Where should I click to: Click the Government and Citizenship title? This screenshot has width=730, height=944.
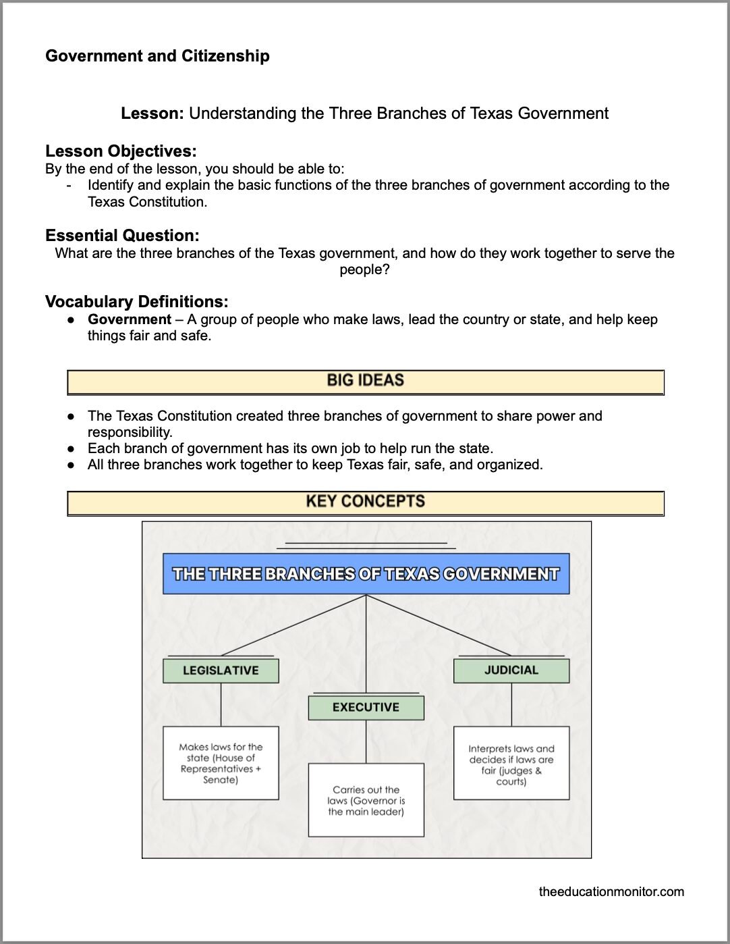(x=157, y=56)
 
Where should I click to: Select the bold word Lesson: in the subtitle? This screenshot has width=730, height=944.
(x=152, y=113)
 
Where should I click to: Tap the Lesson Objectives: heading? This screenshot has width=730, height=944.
(x=121, y=151)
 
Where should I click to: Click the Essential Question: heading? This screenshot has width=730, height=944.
(x=122, y=236)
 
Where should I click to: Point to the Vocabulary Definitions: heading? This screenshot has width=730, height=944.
(x=136, y=302)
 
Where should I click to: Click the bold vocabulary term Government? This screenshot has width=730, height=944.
(x=130, y=319)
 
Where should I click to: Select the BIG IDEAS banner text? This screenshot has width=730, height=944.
(x=365, y=381)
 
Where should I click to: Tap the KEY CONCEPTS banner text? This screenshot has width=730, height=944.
(x=365, y=502)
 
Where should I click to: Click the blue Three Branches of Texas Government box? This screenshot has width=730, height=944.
(x=366, y=574)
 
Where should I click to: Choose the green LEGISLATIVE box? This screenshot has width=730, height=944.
(x=221, y=671)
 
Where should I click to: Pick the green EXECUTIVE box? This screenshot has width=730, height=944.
(x=366, y=708)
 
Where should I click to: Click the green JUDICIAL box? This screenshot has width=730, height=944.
(x=511, y=671)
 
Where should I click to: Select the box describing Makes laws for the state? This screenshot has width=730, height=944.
(x=221, y=763)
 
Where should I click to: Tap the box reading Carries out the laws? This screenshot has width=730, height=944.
(x=366, y=800)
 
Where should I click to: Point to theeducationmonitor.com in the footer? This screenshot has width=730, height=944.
(x=611, y=892)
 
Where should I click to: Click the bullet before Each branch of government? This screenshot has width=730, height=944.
(x=71, y=448)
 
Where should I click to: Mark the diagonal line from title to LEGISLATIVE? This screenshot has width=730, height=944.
(x=293, y=625)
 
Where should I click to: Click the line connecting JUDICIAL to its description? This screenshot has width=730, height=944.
(x=511, y=704)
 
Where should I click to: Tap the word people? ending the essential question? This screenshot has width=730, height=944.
(x=364, y=269)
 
